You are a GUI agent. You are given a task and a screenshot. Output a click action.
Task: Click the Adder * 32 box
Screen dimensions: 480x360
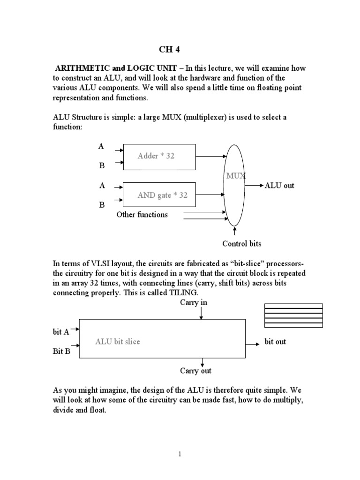(x=159, y=156)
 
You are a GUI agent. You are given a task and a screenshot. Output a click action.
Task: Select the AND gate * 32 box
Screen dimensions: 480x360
(x=159, y=195)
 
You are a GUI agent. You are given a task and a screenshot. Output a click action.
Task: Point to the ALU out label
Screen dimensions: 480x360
(x=279, y=186)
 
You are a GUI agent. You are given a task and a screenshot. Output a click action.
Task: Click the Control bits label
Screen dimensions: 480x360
(x=242, y=244)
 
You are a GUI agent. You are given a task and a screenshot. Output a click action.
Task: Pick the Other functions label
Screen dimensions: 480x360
(x=142, y=215)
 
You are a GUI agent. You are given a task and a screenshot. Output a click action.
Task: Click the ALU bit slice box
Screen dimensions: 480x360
(x=162, y=342)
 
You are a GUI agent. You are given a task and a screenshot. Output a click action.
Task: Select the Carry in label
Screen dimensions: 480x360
(x=194, y=303)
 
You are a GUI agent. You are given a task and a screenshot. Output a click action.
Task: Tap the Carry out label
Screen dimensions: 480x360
(x=195, y=371)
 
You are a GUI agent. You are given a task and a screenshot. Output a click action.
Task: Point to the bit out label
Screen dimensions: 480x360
(x=275, y=342)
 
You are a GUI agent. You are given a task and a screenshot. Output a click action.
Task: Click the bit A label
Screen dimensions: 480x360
(x=61, y=332)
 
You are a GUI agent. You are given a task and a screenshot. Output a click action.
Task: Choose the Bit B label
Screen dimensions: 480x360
(x=61, y=352)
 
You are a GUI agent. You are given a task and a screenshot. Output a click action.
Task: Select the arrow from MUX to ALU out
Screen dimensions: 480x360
(x=255, y=186)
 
